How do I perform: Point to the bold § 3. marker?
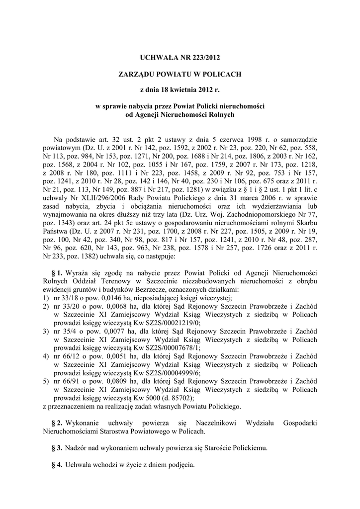pyautogui.click(x=57, y=447)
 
